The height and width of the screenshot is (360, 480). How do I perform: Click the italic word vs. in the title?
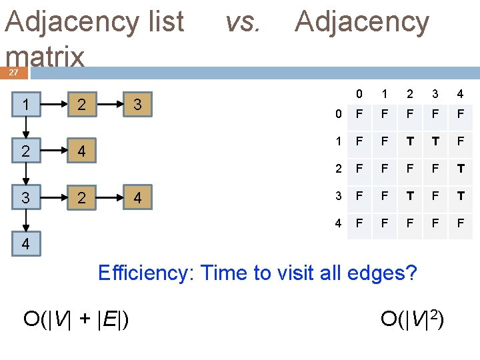242,23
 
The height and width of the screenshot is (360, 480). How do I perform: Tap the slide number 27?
13,73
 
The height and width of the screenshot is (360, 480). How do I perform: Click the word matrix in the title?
45,57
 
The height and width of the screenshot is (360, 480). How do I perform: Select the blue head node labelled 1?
25,105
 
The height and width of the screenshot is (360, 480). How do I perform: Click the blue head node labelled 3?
25,197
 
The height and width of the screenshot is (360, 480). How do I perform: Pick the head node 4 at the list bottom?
25,244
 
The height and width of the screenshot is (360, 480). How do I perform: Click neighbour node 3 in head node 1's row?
137,105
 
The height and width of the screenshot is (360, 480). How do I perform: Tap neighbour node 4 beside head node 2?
81,151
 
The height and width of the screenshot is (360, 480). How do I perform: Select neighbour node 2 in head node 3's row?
81,197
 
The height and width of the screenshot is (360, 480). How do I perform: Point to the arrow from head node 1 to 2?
25,128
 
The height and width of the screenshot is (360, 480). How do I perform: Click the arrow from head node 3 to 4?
25,221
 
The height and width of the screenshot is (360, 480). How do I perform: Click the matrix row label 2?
339,169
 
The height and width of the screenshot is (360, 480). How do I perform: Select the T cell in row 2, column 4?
461,169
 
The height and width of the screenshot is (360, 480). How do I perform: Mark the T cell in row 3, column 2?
410,195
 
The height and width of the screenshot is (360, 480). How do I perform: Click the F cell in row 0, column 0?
359,115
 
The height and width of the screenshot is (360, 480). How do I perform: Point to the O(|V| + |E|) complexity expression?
77,319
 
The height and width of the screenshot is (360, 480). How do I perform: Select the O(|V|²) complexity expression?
412,319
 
